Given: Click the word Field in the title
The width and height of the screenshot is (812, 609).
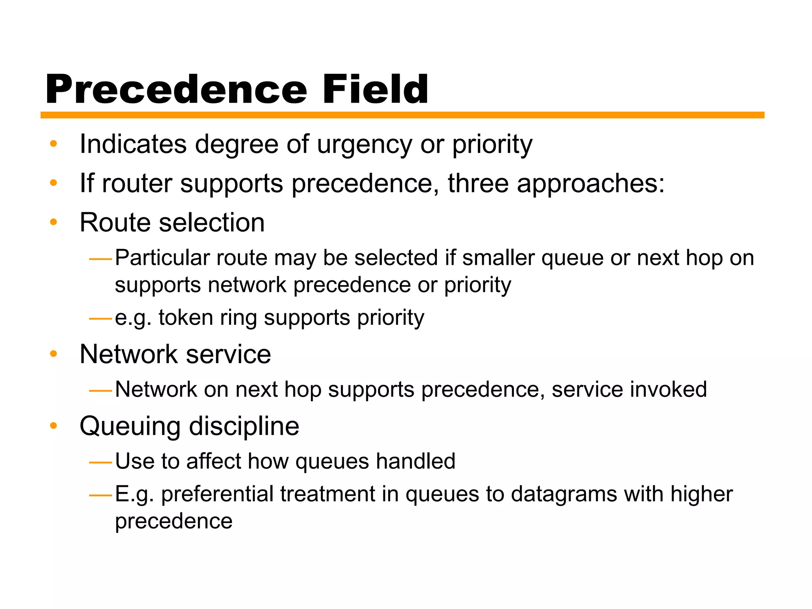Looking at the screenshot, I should (x=375, y=90).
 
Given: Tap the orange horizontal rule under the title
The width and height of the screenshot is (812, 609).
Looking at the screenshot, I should (x=402, y=115).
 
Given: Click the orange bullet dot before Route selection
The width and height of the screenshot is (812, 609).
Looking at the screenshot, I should (x=54, y=222).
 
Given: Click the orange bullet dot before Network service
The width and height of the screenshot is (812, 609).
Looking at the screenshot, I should (x=54, y=354).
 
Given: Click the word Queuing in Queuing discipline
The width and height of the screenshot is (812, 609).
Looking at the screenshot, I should (x=130, y=427).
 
